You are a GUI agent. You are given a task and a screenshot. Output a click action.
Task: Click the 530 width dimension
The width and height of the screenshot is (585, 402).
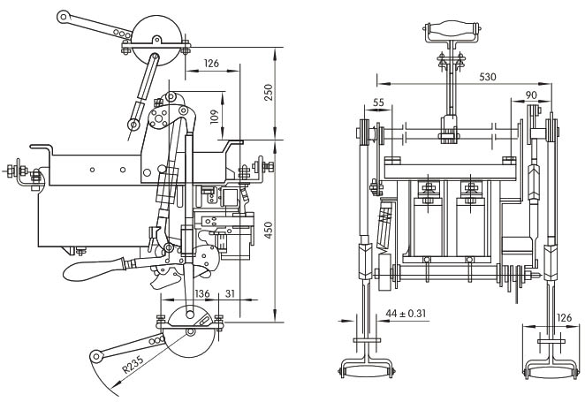pyautogui.click(x=488, y=77)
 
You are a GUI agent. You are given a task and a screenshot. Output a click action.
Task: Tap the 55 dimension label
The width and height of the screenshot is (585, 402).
pyautogui.click(x=378, y=102)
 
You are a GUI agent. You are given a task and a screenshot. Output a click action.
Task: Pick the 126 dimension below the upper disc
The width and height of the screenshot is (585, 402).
pyautogui.click(x=209, y=64)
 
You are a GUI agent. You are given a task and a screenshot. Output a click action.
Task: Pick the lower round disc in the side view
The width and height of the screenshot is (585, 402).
pyautogui.click(x=188, y=331)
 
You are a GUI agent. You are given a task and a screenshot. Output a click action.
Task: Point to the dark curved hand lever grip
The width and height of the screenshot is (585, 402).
pyautogui.click(x=97, y=263)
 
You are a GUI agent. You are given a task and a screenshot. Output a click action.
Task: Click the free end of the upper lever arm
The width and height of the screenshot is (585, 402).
pyautogui.click(x=65, y=15)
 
